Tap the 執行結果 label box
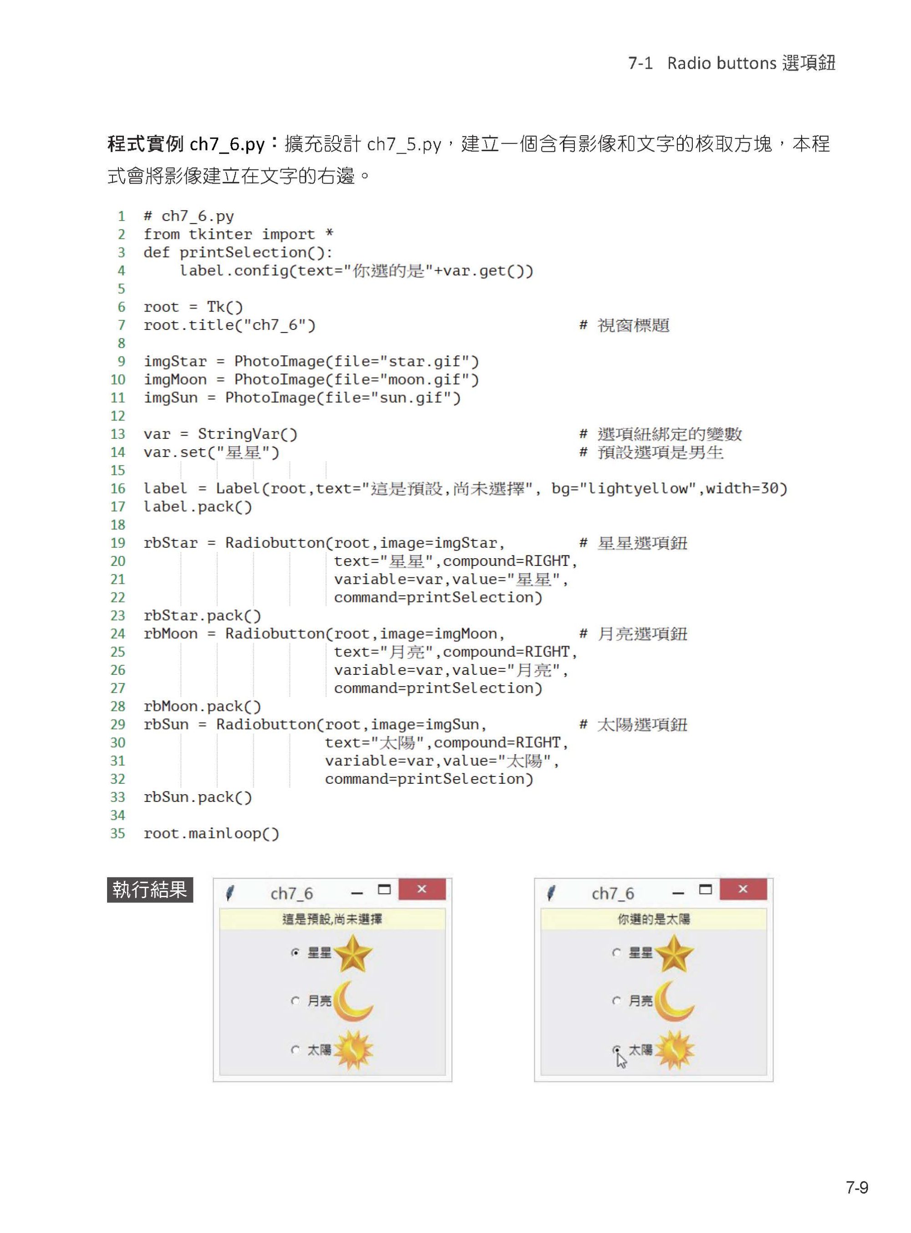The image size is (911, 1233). coord(149,890)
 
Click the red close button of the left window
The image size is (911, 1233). coord(422,889)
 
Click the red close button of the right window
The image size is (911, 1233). coord(743,889)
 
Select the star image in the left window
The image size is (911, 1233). coord(353,953)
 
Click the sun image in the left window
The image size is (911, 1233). coord(353,1050)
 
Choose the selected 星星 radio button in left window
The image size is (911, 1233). coord(296,953)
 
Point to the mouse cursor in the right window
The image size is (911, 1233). coord(621,1060)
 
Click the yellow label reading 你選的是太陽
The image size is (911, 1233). coord(654,919)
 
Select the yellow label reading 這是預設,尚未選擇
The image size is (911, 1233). coord(332,919)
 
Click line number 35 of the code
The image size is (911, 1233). coord(118,833)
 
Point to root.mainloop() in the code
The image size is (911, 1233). coord(211,833)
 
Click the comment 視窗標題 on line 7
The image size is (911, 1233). coord(633,325)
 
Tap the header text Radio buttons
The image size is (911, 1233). coord(722,63)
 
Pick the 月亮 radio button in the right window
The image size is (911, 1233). coord(617,1001)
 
